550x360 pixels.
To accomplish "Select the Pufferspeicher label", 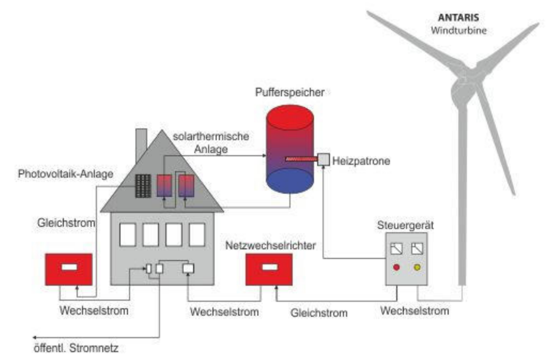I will click(289, 92).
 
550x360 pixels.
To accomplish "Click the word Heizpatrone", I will click(358, 160).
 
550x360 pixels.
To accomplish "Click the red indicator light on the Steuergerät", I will click(396, 267).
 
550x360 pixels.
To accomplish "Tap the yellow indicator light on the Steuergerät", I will click(417, 267).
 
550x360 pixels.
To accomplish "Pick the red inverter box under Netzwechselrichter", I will click(268, 270).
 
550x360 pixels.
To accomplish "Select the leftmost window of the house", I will click(127, 235).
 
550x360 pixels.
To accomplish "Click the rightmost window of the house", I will click(197, 235).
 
